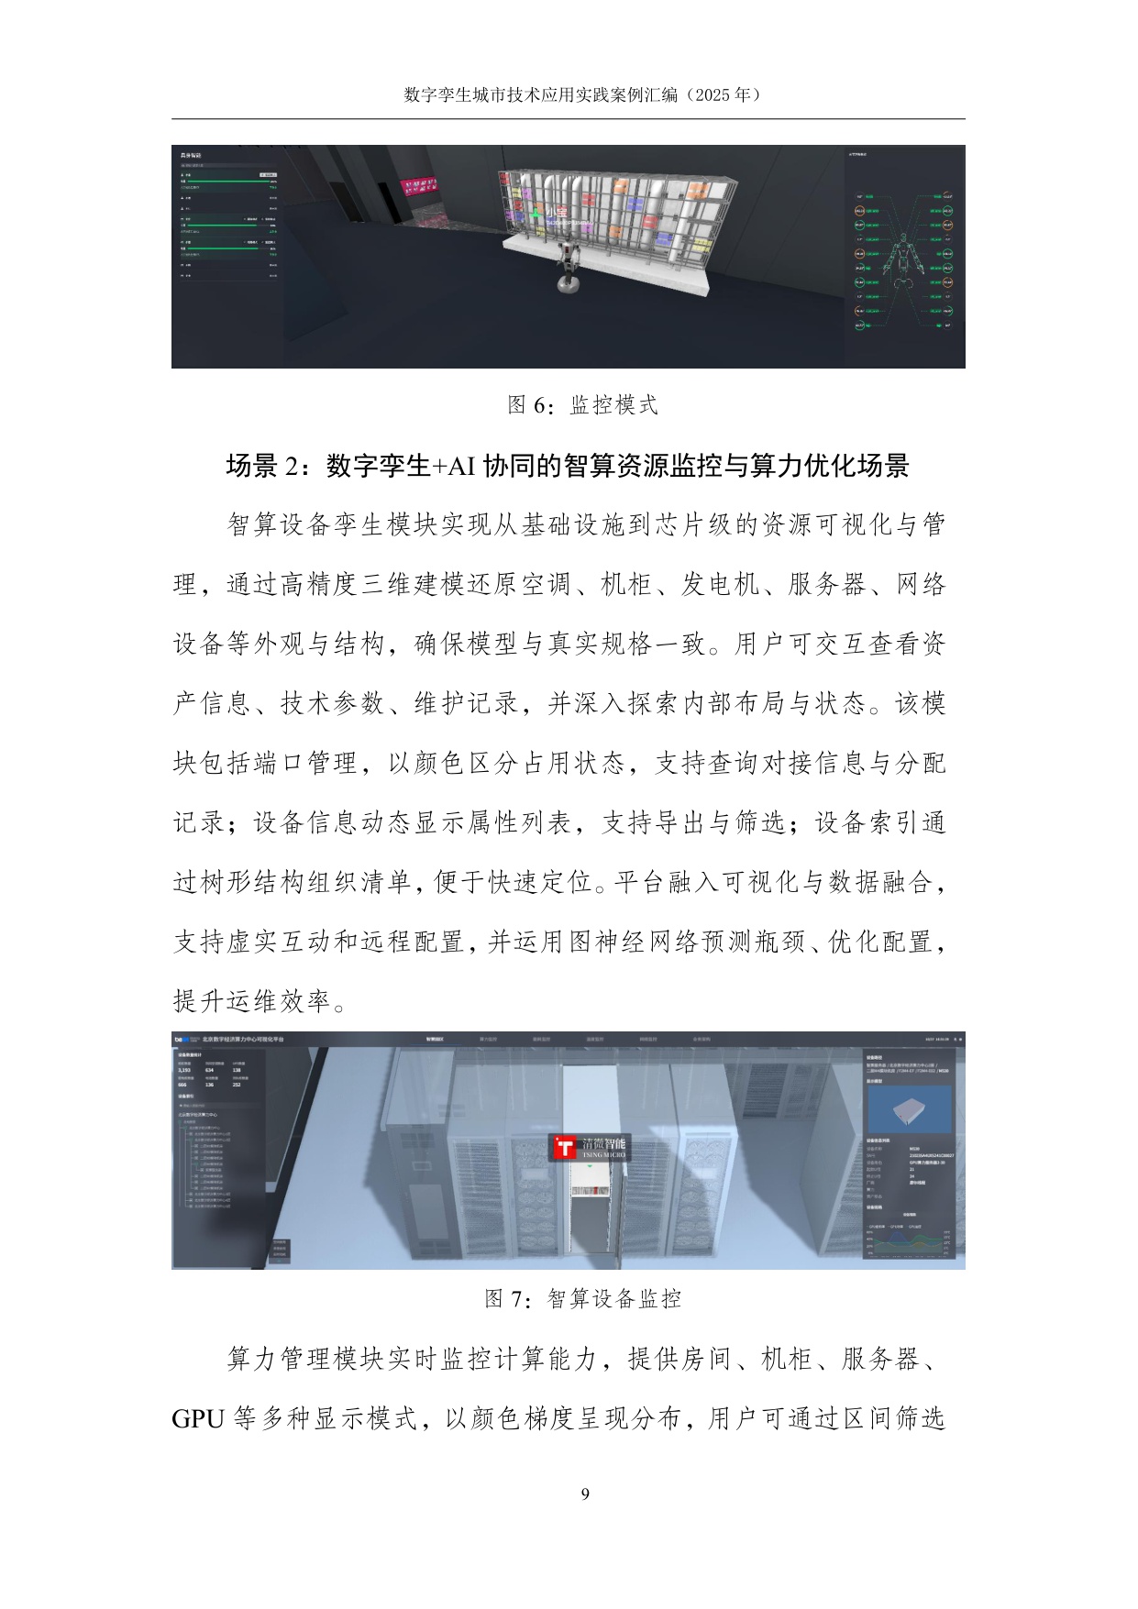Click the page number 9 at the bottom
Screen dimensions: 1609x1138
[585, 1493]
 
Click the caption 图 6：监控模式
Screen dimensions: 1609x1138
[583, 405]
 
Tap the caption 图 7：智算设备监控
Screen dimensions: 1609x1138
[583, 1298]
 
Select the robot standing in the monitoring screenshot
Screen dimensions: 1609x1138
[569, 267]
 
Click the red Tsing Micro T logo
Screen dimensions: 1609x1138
[565, 1148]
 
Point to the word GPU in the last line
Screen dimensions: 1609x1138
[198, 1419]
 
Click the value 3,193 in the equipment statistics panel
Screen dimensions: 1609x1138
[184, 1070]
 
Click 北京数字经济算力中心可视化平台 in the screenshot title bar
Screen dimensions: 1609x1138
[242, 1040]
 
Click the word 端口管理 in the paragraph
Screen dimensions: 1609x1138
[306, 764]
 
